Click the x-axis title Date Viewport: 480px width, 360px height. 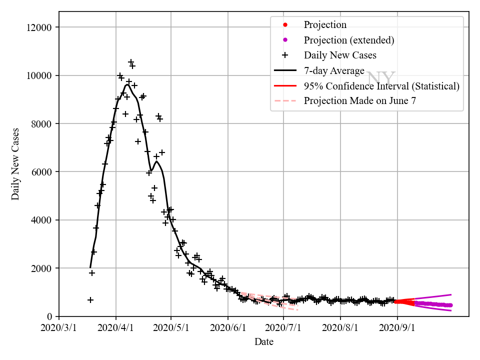point(264,342)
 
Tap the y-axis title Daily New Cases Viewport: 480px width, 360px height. point(16,164)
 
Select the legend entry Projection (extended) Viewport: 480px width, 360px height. point(349,40)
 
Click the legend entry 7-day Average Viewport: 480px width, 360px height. point(334,70)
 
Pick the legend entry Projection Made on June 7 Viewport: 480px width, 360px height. point(360,100)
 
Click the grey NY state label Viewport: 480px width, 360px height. point(381,78)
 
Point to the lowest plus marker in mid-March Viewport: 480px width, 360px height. point(90,300)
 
